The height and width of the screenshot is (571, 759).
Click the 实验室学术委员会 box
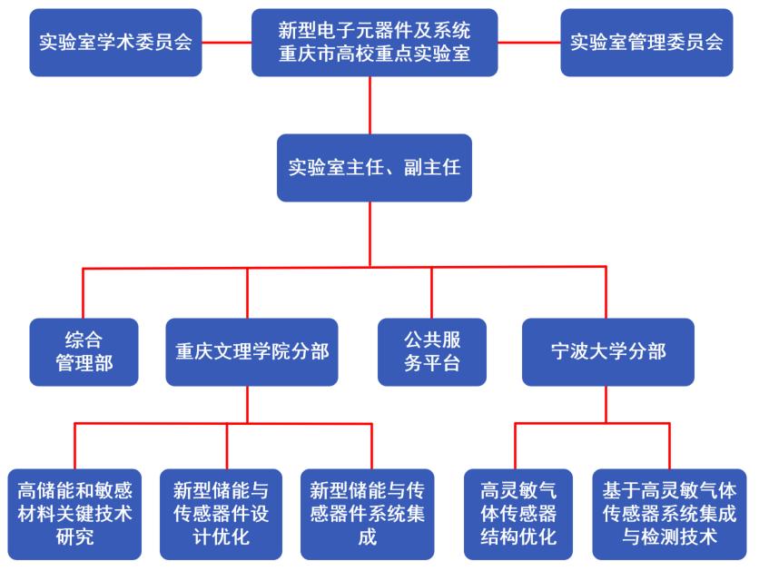point(115,42)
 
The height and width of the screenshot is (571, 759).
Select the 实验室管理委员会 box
point(646,42)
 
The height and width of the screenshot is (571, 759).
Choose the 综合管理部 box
point(84,351)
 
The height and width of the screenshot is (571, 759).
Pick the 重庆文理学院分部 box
point(251,351)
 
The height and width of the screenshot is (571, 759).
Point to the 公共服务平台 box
point(431,351)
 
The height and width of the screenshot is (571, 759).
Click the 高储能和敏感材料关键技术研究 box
point(74,514)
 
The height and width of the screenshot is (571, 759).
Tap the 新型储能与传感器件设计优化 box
point(221,514)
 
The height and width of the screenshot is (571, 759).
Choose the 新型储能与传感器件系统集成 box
point(368,514)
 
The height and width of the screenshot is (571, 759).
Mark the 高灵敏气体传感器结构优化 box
point(517,514)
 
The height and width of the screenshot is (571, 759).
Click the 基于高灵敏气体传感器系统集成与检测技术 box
point(671,514)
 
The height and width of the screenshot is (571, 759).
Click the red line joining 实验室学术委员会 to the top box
point(226,42)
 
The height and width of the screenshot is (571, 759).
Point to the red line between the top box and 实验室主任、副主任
point(370,106)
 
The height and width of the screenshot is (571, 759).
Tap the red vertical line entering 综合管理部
point(84,292)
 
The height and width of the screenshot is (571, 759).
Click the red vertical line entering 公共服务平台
point(431,292)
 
